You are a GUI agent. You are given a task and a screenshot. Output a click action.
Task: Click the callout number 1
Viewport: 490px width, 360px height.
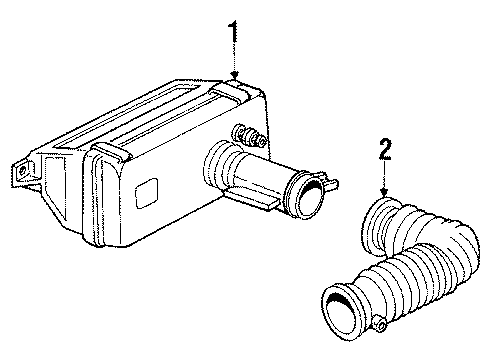[x=234, y=32]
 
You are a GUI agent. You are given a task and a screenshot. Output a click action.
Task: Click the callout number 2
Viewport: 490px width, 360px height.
[x=386, y=152]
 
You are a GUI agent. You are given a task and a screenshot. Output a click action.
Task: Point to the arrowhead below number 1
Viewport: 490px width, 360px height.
[x=235, y=75]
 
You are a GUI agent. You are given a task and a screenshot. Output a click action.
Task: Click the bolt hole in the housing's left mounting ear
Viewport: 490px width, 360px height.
[x=20, y=172]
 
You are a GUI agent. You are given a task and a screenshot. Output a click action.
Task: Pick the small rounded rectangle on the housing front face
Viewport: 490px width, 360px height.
[x=148, y=190]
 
